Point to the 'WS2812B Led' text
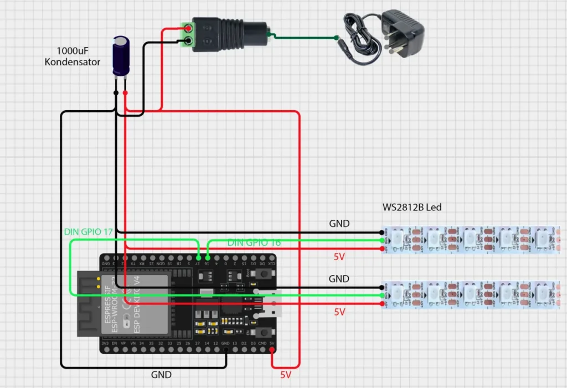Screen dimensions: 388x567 [412, 208]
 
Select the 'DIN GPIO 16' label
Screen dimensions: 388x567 [254, 243]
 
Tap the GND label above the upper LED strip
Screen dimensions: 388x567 [339, 224]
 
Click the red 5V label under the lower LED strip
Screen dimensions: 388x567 [339, 312]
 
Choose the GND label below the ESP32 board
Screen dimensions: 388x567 [161, 375]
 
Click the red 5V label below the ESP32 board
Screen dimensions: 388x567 [285, 375]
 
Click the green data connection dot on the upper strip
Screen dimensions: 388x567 [383, 241]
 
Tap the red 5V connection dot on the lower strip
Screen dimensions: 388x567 [383, 304]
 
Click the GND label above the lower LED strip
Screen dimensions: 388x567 [339, 278]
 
